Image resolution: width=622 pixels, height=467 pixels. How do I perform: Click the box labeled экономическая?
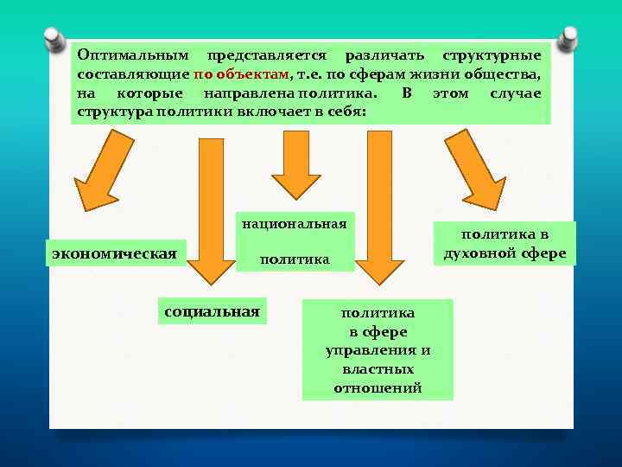click(x=115, y=253)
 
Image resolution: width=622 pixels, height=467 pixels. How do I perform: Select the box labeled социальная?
click(x=212, y=311)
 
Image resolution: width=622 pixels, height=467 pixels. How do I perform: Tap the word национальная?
click(x=295, y=224)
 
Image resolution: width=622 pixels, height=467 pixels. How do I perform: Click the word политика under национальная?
click(x=295, y=259)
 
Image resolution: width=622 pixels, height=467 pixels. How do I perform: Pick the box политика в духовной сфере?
click(x=505, y=244)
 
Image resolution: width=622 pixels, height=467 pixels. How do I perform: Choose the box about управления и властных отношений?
click(x=378, y=349)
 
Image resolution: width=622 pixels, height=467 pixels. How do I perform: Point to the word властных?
click(x=378, y=369)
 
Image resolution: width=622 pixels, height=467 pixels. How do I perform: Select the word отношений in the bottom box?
click(x=378, y=388)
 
